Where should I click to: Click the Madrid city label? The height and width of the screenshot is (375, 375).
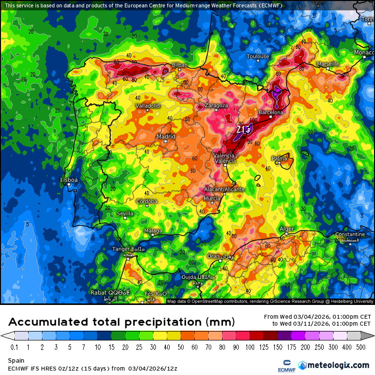[166, 136]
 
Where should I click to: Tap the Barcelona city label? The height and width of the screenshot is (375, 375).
[271, 112]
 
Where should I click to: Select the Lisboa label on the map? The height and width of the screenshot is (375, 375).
[69, 180]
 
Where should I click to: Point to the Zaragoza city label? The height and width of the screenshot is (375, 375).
[216, 106]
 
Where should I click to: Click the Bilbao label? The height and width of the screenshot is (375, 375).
[180, 65]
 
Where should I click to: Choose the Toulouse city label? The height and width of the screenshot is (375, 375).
[258, 56]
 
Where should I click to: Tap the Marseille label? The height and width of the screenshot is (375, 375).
[328, 64]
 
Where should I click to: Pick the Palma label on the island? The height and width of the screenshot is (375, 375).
[279, 158]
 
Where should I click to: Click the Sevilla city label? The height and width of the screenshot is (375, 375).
[125, 214]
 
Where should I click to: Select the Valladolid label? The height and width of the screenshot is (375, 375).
[148, 106]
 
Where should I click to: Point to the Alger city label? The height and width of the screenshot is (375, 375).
[287, 229]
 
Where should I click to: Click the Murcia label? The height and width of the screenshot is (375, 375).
[212, 198]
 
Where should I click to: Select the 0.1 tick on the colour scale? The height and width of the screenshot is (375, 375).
[15, 347]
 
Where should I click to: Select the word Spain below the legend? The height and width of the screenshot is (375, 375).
[16, 361]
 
